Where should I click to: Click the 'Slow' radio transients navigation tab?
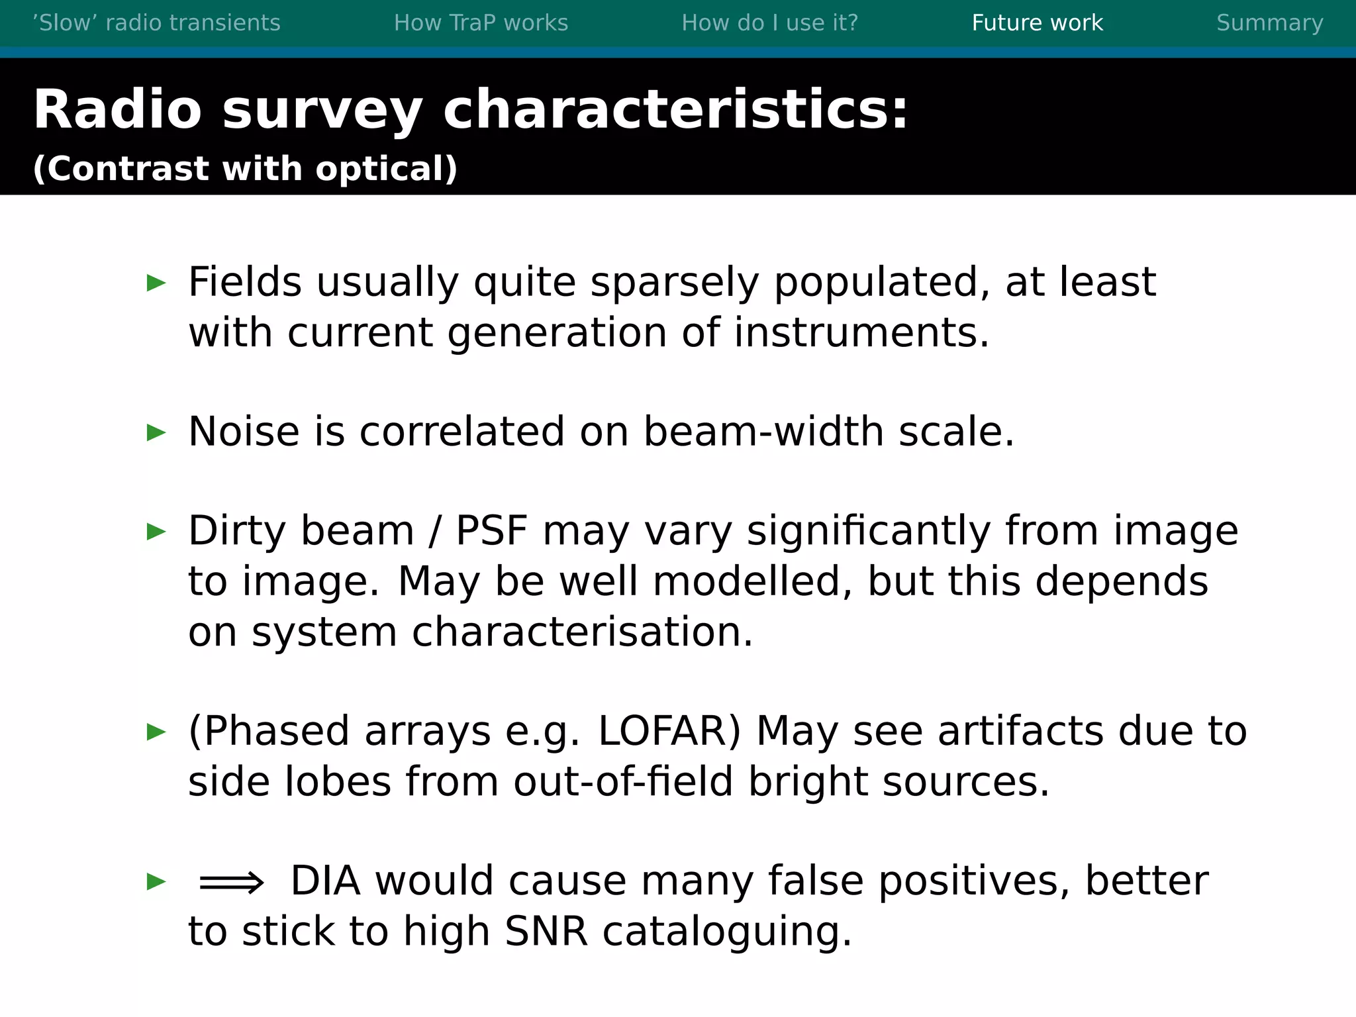click(x=156, y=23)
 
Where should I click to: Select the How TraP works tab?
click(x=481, y=23)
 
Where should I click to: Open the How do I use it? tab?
click(x=769, y=23)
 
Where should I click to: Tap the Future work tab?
click(x=1037, y=23)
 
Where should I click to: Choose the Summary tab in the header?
click(x=1269, y=23)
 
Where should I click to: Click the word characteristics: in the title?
click(x=675, y=109)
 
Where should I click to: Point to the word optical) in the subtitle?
click(x=386, y=169)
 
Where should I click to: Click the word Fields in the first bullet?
click(x=245, y=282)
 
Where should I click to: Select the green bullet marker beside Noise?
click(x=156, y=433)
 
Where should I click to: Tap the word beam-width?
click(x=763, y=432)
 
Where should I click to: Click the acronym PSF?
click(x=492, y=531)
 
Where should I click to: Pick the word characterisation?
click(x=582, y=632)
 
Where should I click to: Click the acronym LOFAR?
click(x=669, y=732)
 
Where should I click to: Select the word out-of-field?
click(x=623, y=782)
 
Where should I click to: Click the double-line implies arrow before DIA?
click(x=231, y=883)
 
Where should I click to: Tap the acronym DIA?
click(x=326, y=881)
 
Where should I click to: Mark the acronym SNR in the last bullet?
click(x=546, y=932)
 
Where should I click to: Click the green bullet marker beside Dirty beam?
click(x=156, y=532)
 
